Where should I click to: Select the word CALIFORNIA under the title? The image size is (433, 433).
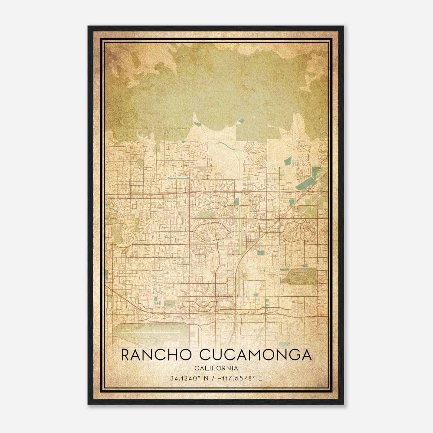[x=216, y=368]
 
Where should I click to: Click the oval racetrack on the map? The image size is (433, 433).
[x=298, y=276]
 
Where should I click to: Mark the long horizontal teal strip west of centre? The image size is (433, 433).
[x=178, y=178]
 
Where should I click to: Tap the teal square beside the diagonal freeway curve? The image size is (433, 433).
[x=261, y=253]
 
